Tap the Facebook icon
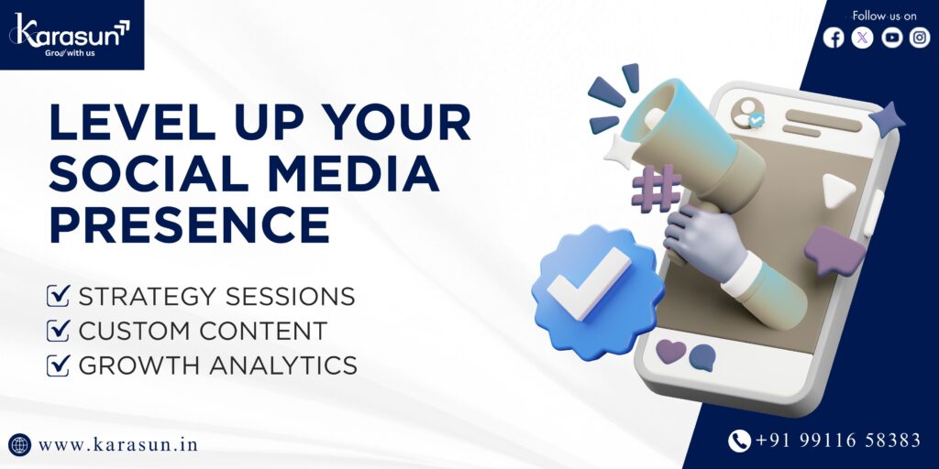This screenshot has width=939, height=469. [833, 38]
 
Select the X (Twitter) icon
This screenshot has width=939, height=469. [862, 38]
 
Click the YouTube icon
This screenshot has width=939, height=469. [891, 38]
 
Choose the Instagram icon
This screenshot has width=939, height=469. [920, 38]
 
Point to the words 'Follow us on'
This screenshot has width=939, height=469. [884, 16]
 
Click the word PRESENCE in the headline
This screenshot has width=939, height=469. [189, 225]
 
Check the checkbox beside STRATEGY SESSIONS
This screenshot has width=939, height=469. [58, 296]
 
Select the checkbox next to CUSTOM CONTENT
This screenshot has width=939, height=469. [58, 331]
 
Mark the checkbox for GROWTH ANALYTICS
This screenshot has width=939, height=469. [58, 365]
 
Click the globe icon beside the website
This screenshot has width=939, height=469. [20, 445]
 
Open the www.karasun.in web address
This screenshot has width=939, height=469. [118, 445]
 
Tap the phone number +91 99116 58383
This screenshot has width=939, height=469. [838, 441]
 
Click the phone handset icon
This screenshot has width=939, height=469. [740, 442]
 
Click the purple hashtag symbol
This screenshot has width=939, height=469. [656, 189]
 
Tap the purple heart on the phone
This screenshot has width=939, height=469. [670, 351]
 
